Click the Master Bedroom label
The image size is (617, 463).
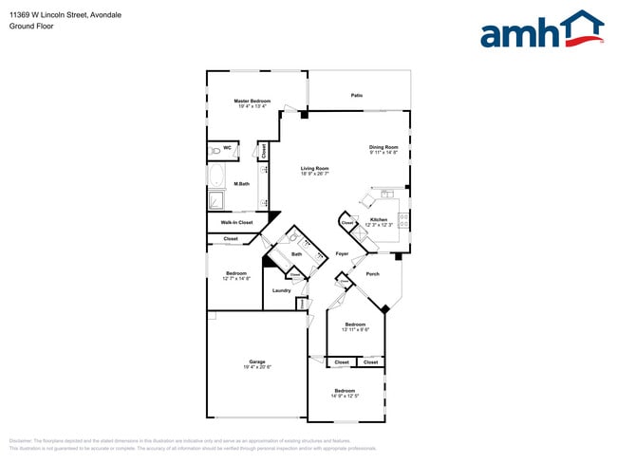(x=253, y=101)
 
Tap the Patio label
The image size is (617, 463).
(x=357, y=95)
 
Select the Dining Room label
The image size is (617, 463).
(x=383, y=147)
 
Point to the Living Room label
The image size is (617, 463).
(x=314, y=169)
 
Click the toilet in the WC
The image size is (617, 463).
(x=216, y=150)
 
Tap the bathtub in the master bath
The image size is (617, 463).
(x=216, y=176)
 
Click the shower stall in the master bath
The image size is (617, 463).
(x=217, y=200)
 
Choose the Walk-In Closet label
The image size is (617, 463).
(x=236, y=222)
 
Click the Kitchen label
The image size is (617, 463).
(x=379, y=219)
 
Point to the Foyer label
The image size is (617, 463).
(x=342, y=254)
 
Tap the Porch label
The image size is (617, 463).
(x=372, y=274)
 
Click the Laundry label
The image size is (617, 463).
(x=281, y=290)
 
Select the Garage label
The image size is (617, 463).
(x=256, y=361)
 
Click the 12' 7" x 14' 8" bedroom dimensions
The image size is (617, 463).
(x=235, y=279)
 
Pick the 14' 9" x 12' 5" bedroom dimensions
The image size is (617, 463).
(x=346, y=395)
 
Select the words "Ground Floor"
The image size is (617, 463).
(x=31, y=27)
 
